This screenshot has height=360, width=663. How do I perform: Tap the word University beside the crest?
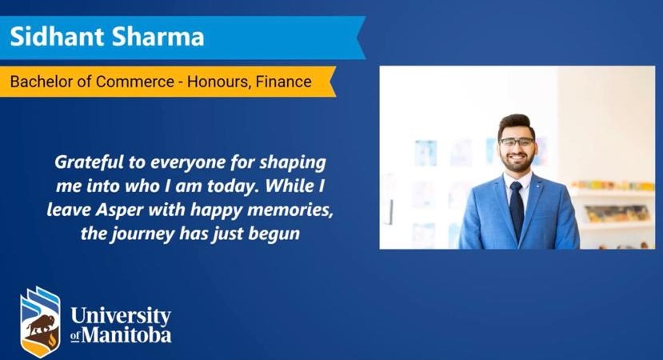pyautogui.click(x=120, y=315)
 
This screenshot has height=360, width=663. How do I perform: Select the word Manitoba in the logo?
pyautogui.click(x=126, y=334)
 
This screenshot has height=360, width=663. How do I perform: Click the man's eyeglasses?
pyautogui.click(x=517, y=142)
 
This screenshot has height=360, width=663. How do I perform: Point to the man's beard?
pyautogui.click(x=517, y=162)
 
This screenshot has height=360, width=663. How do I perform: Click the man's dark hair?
pyautogui.click(x=516, y=124)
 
